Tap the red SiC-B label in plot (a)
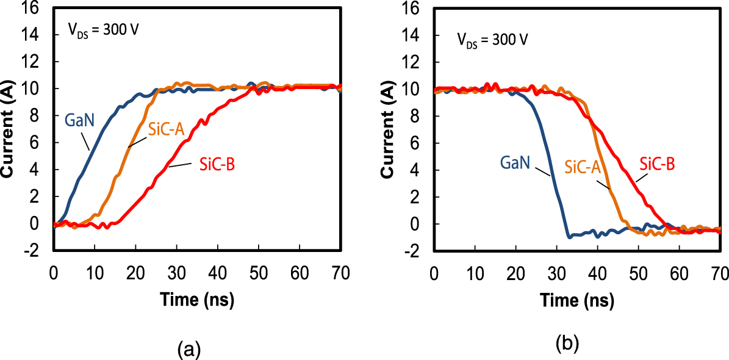[217, 164]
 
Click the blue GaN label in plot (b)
[515, 164]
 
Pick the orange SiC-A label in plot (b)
[583, 167]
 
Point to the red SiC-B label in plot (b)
[658, 163]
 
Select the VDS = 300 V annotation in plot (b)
[492, 40]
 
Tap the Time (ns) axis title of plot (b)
[577, 300]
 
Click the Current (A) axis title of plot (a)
[9, 131]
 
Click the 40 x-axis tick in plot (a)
[217, 273]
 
